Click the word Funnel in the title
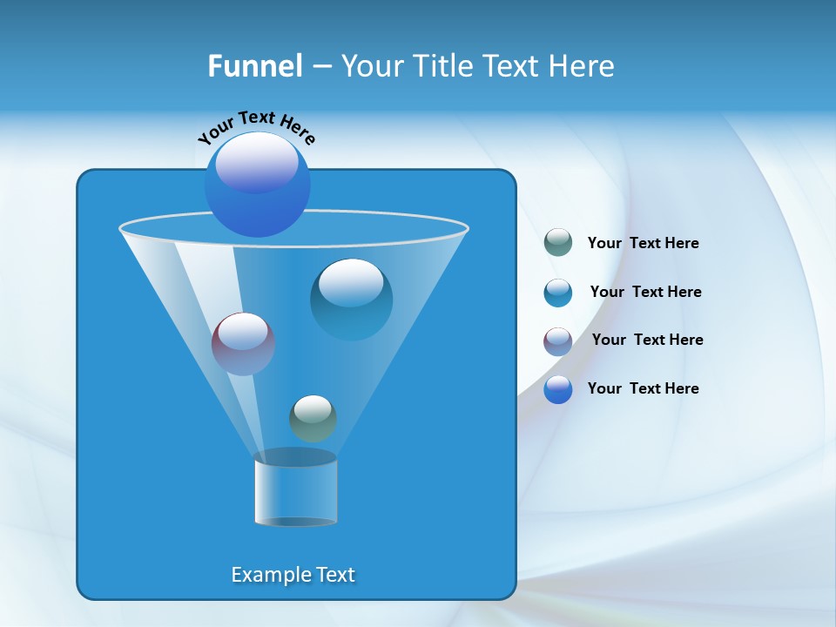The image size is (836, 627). tap(254, 66)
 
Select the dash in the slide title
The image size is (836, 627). tap(320, 67)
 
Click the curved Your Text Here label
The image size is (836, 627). tap(256, 127)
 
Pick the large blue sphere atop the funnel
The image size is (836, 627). tap(257, 184)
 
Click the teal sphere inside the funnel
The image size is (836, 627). tap(351, 299)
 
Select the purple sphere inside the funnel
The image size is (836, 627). tap(243, 343)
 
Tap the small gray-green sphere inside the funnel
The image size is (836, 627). tap(313, 418)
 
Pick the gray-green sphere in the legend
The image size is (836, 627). tap(558, 242)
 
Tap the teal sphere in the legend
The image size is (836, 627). tap(558, 293)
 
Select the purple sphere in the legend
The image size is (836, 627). tap(558, 341)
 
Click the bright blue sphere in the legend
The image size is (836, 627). tap(558, 389)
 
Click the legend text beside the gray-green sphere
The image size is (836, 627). tap(643, 243)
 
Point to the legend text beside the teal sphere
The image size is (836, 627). tap(645, 292)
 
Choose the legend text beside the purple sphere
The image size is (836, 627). tap(647, 340)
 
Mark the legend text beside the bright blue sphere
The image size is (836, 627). tap(643, 388)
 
